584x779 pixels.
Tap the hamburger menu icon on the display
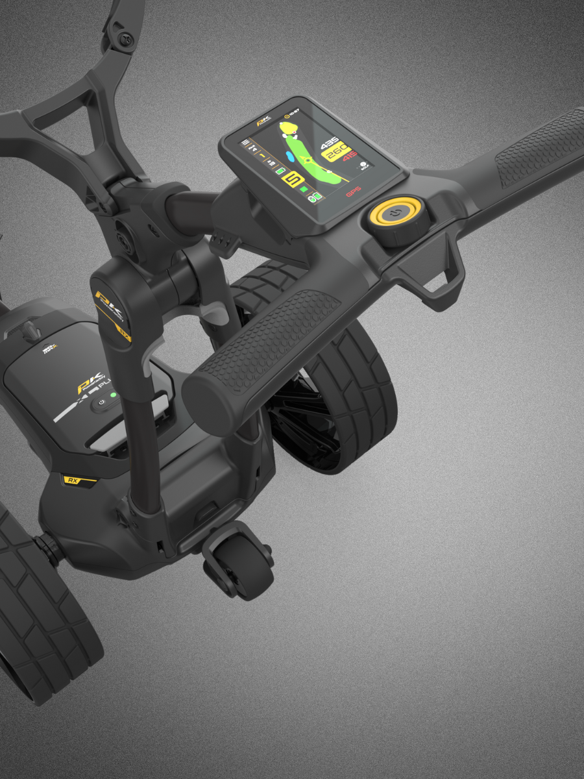245,141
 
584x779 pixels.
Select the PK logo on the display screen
262,121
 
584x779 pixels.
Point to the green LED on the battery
112,394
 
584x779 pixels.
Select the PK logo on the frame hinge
106,300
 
